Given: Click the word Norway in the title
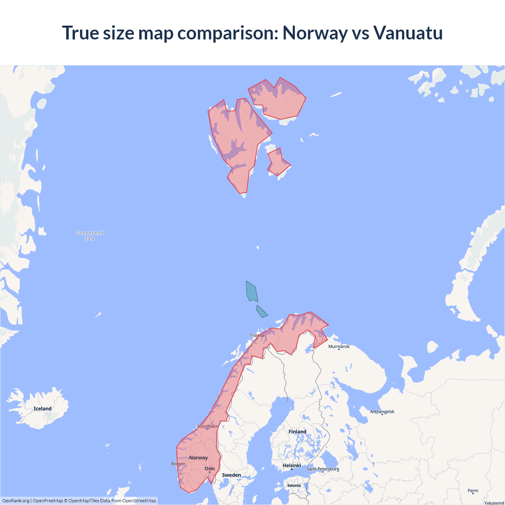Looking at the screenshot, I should [x=315, y=33].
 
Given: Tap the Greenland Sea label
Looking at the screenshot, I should [x=90, y=236].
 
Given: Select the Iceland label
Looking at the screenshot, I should [x=43, y=409].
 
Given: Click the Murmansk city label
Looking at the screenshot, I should [x=339, y=346].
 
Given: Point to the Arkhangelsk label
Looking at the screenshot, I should [x=382, y=411].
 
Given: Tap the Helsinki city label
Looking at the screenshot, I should [x=292, y=466].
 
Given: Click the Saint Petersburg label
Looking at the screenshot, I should [x=323, y=469].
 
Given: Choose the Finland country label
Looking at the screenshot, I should [x=297, y=432].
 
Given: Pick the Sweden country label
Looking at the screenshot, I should [x=231, y=475].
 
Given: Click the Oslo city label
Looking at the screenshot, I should [x=209, y=469].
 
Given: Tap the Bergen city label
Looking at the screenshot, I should [x=178, y=464].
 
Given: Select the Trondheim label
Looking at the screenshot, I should [x=208, y=426].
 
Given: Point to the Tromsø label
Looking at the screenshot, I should [x=257, y=335].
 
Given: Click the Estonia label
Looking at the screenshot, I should [x=294, y=486].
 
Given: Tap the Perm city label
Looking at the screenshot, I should [x=473, y=491].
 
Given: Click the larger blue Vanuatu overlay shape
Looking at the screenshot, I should [x=251, y=292].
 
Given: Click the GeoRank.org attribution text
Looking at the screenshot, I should [x=16, y=501].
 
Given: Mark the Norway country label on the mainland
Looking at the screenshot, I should [x=198, y=458].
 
